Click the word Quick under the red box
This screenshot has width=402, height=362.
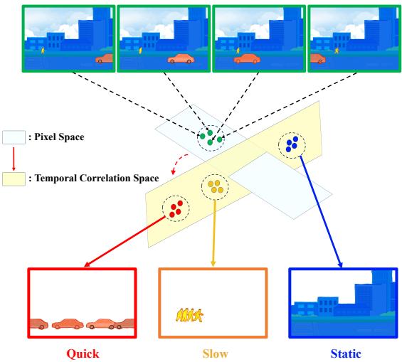pyautogui.click(x=83, y=354)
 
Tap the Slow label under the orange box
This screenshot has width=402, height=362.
pyautogui.click(x=215, y=353)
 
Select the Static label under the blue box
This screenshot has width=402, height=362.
pyautogui.click(x=346, y=353)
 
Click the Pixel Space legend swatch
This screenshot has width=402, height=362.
pyautogui.click(x=14, y=137)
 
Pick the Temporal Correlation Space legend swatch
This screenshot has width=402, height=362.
pyautogui.click(x=14, y=179)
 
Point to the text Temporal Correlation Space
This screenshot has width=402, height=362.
pyautogui.click(x=97, y=178)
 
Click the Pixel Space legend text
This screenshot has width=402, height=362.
pyautogui.click(x=59, y=137)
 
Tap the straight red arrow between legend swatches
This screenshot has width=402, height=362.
pyautogui.click(x=14, y=159)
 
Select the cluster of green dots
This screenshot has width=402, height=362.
pyautogui.click(x=211, y=137)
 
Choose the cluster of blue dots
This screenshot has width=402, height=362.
pyautogui.click(x=292, y=144)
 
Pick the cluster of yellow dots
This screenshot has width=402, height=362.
pyautogui.click(x=216, y=187)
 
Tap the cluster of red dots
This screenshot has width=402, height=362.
pyautogui.click(x=176, y=209)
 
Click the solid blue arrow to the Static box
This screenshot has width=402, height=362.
pyautogui.click(x=321, y=211)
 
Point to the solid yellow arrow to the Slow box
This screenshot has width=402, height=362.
pyautogui.click(x=214, y=233)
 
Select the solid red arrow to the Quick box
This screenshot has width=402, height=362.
pyautogui.click(x=125, y=241)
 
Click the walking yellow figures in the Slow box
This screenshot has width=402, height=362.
pyautogui.click(x=189, y=315)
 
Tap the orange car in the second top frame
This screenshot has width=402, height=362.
pyautogui.click(x=181, y=58)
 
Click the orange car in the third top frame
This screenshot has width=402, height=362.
pyautogui.click(x=247, y=58)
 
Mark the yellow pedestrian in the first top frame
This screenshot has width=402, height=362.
pyautogui.click(x=43, y=50)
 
